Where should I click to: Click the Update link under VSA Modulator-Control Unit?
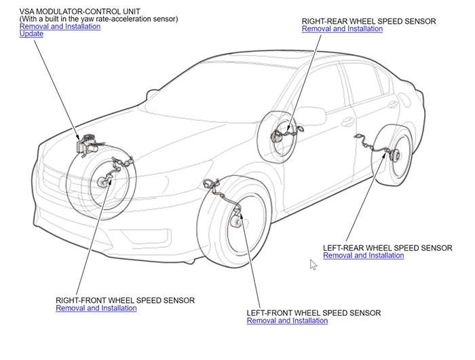(x=32, y=34)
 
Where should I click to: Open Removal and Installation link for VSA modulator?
(x=60, y=26)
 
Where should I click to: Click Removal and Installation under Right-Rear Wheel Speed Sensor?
(x=342, y=29)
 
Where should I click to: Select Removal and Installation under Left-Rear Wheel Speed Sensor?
(x=364, y=256)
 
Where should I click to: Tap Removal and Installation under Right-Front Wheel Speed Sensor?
(x=96, y=308)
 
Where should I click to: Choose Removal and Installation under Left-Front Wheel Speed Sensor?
(x=288, y=321)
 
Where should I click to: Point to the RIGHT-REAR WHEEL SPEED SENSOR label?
(x=368, y=22)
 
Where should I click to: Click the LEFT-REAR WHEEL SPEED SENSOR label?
(x=387, y=248)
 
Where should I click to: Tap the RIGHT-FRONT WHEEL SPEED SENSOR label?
(x=126, y=300)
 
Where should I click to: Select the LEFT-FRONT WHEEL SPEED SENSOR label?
(x=313, y=312)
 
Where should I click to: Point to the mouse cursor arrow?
(x=313, y=264)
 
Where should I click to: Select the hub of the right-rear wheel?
(x=276, y=135)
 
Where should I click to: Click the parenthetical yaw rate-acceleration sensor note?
(x=98, y=19)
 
